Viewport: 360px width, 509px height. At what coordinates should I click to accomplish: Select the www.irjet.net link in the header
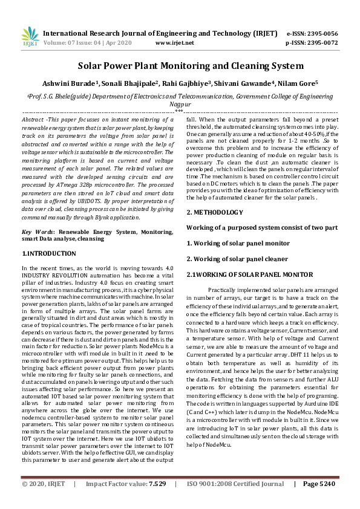pos(175,44)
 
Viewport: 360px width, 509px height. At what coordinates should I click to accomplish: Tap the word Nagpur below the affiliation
pos(179,103)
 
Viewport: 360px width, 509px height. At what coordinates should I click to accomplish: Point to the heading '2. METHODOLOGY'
pos(215,212)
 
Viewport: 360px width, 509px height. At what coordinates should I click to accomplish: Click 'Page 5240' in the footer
pos(319,501)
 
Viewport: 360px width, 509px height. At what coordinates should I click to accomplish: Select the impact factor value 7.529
pos(157,501)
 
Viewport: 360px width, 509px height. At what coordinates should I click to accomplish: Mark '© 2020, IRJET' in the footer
pos(44,501)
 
